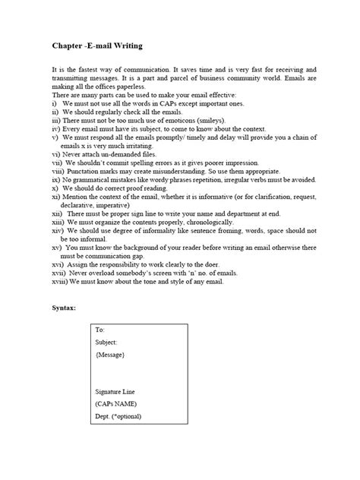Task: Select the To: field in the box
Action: pyautogui.click(x=100, y=330)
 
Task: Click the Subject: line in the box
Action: pyautogui.click(x=108, y=343)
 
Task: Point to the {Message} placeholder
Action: pyautogui.click(x=111, y=355)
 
